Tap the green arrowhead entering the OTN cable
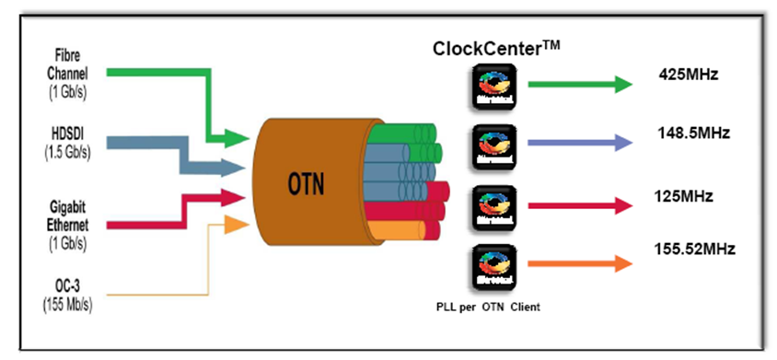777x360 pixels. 237,139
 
